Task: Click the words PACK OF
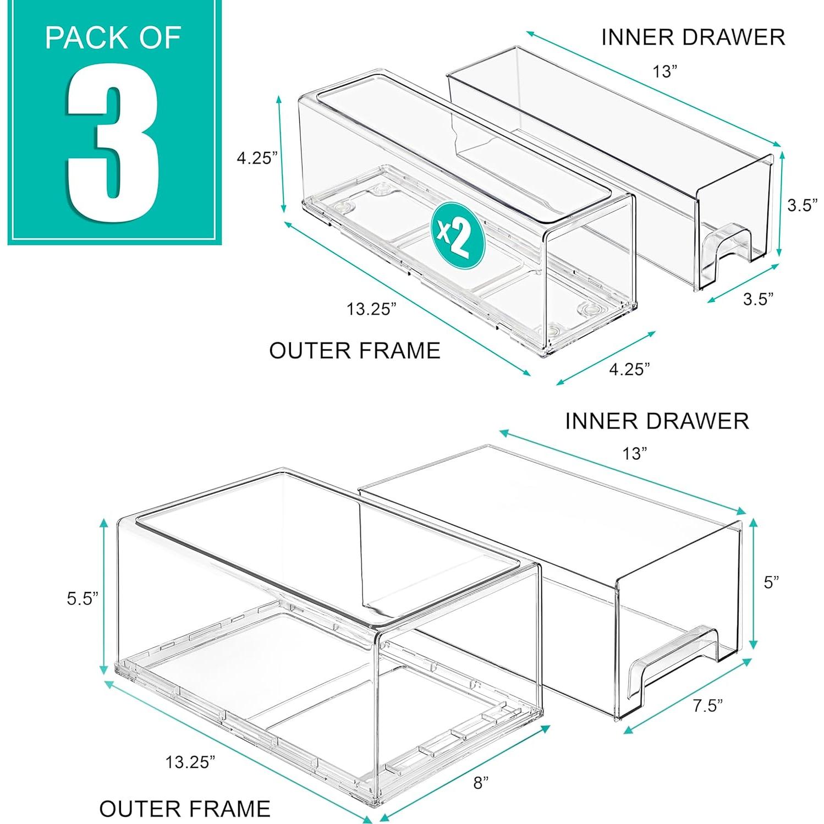pos(113,37)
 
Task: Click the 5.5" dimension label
pos(83,598)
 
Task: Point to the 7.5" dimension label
pos(707,705)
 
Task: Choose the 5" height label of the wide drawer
pos(771,583)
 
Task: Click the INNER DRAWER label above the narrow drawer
pos(693,37)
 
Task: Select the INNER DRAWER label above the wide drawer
pos(657,421)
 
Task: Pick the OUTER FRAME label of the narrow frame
pos(355,351)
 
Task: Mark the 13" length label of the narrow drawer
pos(664,72)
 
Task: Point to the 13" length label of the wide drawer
pos(634,454)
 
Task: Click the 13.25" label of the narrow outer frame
pos(371,309)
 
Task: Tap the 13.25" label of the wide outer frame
pos(190,762)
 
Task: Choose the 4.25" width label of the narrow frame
pos(629,369)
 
